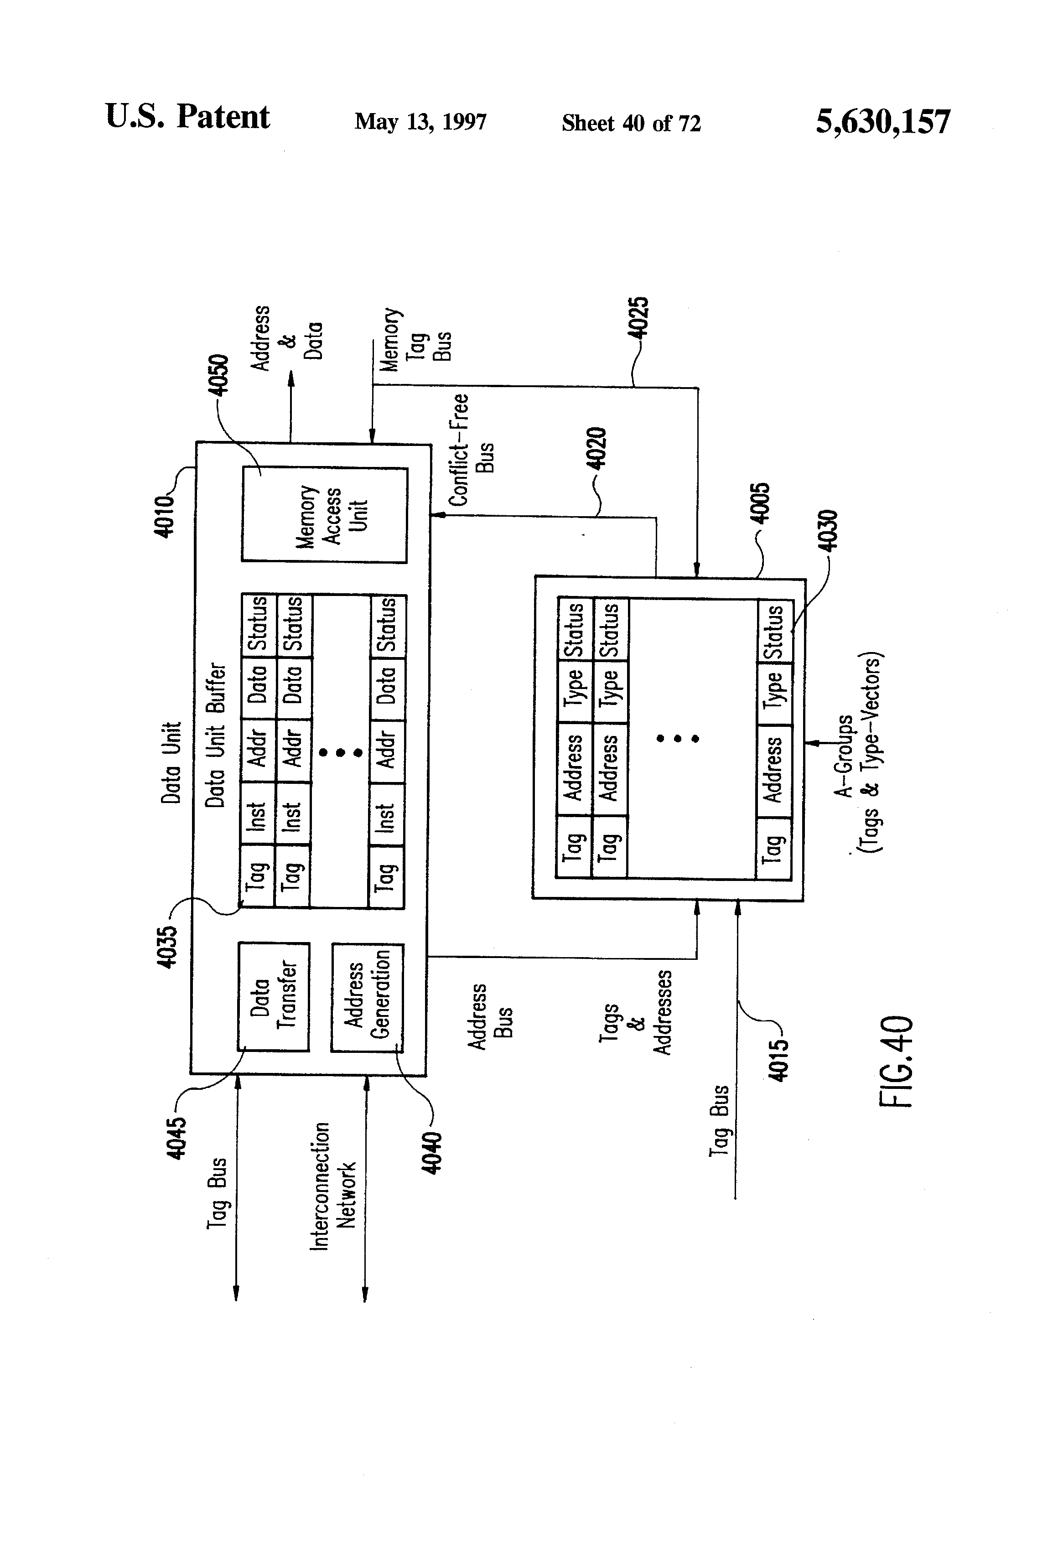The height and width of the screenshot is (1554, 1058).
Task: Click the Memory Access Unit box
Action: point(324,515)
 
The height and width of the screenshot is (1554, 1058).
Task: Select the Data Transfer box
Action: point(274,996)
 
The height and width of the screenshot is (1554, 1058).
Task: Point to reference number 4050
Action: point(219,374)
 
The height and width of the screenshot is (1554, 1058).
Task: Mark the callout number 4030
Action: point(828,530)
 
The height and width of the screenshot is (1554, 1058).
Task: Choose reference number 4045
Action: point(176,1138)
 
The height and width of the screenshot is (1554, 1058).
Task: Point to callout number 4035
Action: point(167,946)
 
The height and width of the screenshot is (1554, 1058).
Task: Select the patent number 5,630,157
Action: point(882,122)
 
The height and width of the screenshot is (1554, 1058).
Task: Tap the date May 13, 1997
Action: point(420,122)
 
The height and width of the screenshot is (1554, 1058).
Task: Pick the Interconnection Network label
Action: point(332,1186)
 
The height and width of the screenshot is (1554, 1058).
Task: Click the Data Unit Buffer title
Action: point(215,735)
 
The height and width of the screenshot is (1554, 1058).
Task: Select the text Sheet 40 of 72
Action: point(631,123)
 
